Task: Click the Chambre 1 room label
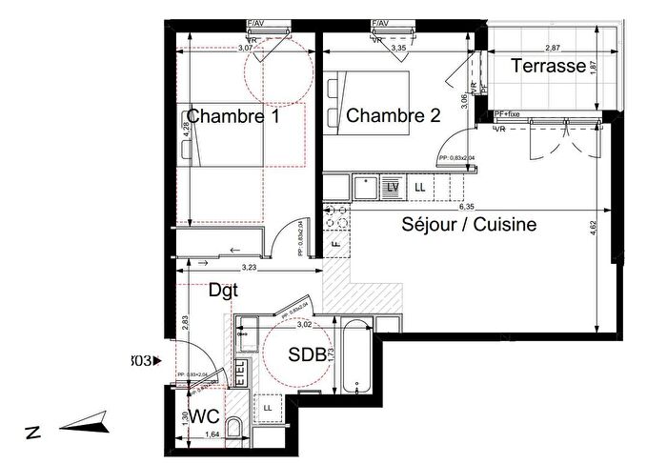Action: tap(233, 116)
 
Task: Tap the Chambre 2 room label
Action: tap(393, 116)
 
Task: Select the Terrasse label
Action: tap(547, 67)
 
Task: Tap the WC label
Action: tap(204, 416)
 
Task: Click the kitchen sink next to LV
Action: tap(365, 188)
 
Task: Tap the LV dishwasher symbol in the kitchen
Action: tap(392, 188)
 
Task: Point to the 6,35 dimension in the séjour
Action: tap(466, 206)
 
